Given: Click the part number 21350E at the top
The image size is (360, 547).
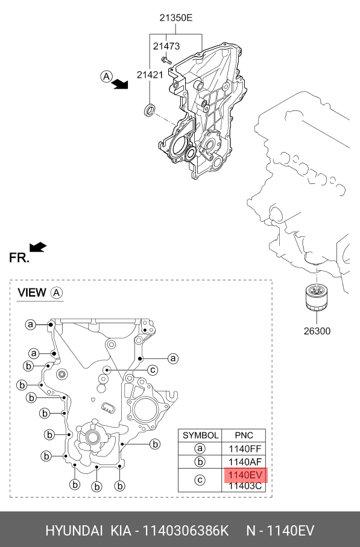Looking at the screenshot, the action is tap(176, 17).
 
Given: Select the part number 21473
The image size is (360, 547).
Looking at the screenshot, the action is tap(166, 46).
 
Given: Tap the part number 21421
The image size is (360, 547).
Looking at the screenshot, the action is tap(150, 75).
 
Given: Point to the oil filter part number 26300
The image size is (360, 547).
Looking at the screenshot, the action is tap(317, 330).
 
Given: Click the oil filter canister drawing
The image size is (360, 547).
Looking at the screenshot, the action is tap(317, 297).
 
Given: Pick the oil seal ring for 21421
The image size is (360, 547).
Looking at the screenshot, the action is tap(150, 110).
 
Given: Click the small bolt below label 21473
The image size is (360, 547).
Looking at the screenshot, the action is tap(166, 60).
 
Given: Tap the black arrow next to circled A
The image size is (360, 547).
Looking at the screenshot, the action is tap(121, 84).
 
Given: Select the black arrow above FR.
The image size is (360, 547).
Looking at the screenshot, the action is tap(38, 247).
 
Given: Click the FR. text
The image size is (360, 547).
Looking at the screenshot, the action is tap(19, 258).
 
